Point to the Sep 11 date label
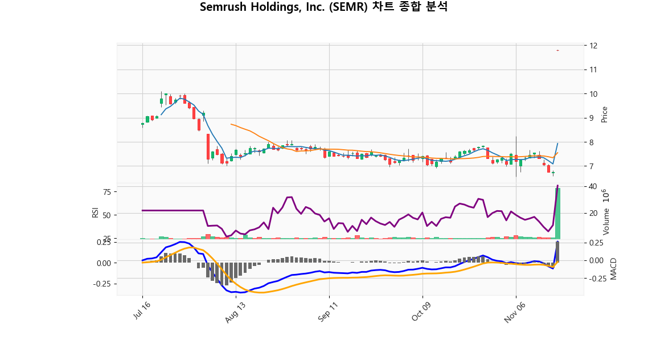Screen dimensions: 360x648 pyautogui.click(x=329, y=313)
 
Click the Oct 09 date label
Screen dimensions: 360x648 pyautogui.click(x=423, y=313)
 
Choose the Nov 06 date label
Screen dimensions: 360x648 pyautogui.click(x=516, y=313)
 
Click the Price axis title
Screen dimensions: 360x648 pyautogui.click(x=605, y=114)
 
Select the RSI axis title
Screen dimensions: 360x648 pyautogui.click(x=95, y=212)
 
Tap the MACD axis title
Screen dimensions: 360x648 pyautogui.click(x=613, y=269)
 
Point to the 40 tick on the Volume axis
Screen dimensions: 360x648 pyautogui.click(x=593, y=187)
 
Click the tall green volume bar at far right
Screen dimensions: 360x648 pyautogui.click(x=558, y=214)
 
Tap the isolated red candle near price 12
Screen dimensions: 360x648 pyautogui.click(x=557, y=51)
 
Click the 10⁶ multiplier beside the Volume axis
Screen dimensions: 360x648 pyautogui.click(x=606, y=196)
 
